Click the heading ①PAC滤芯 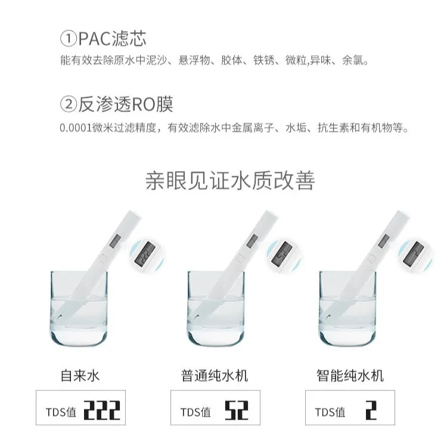coord(103,39)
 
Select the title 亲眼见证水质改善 coord(229,181)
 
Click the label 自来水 coord(80,375)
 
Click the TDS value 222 coord(101,411)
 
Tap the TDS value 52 coord(237,411)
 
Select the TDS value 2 coord(371,411)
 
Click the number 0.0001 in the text coord(75,128)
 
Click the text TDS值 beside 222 coord(61,412)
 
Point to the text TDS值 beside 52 coord(195,412)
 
